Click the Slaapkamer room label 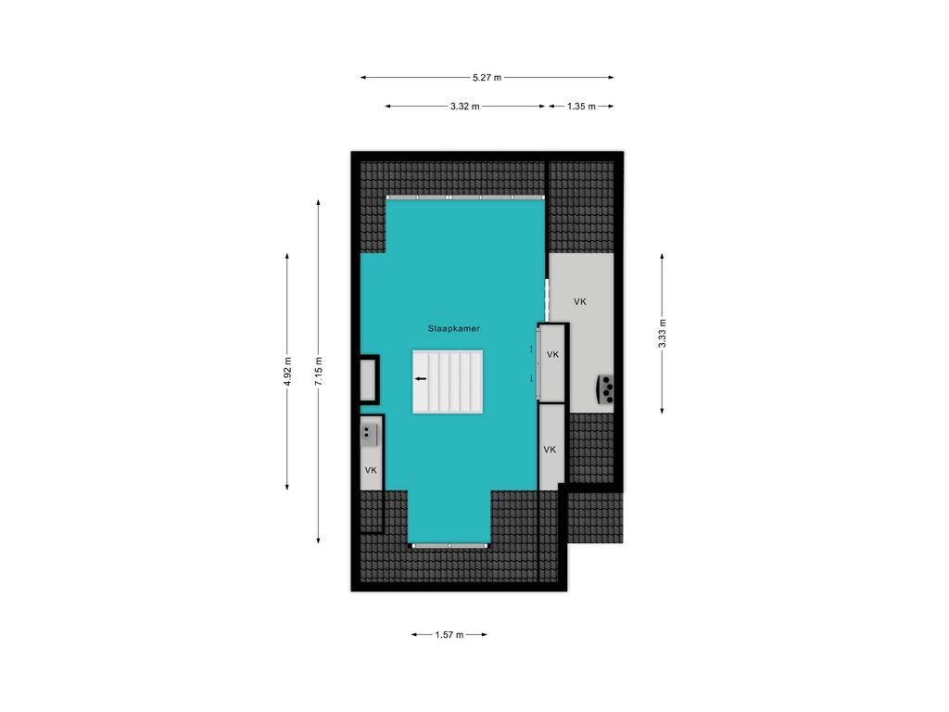pyautogui.click(x=454, y=329)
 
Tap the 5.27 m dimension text pyautogui.click(x=487, y=78)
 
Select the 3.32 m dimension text pyautogui.click(x=465, y=107)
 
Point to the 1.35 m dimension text pyautogui.click(x=582, y=107)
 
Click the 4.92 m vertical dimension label pyautogui.click(x=287, y=371)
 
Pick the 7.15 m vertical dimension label pyautogui.click(x=319, y=371)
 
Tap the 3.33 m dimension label pyautogui.click(x=662, y=334)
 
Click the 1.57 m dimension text pyautogui.click(x=449, y=635)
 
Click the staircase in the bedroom pyautogui.click(x=448, y=382)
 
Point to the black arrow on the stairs pyautogui.click(x=421, y=379)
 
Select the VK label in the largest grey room pyautogui.click(x=580, y=301)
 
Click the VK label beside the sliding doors pyautogui.click(x=552, y=355)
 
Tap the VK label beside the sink pyautogui.click(x=371, y=470)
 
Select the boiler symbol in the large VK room pyautogui.click(x=606, y=389)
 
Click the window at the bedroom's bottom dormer pyautogui.click(x=449, y=546)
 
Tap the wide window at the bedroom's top pyautogui.click(x=465, y=197)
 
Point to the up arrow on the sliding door pyautogui.click(x=531, y=349)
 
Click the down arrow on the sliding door pyautogui.click(x=531, y=378)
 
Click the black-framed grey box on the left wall pyautogui.click(x=369, y=379)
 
